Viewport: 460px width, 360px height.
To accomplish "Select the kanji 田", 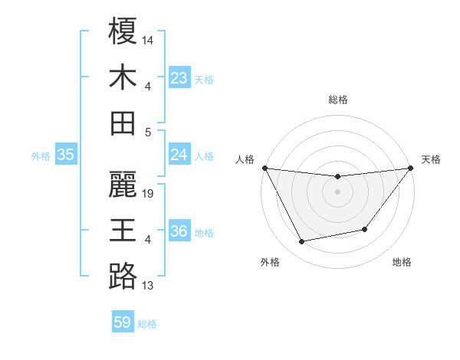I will (x=123, y=123).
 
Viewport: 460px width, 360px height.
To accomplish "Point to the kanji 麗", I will (x=123, y=185).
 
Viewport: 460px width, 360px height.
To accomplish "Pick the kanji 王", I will (x=123, y=231).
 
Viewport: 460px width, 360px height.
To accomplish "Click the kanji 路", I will (x=123, y=277).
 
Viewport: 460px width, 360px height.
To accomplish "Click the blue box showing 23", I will (x=179, y=77).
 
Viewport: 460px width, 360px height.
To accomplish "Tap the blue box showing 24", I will (x=179, y=155).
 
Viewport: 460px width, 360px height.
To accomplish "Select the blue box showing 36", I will (x=179, y=232).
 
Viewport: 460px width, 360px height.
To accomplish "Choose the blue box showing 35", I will (x=66, y=155).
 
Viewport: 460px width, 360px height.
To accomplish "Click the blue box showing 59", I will (x=123, y=322).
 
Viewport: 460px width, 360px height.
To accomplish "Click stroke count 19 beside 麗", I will (x=149, y=194).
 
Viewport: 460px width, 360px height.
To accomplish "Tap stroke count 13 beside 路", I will (x=148, y=286).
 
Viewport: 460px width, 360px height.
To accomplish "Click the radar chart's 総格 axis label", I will (x=337, y=100).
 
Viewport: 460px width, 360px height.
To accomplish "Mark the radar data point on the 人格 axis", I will (x=264, y=168).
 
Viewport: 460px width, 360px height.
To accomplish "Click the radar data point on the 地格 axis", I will (x=365, y=229).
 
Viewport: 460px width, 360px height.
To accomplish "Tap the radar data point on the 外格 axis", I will (x=302, y=242).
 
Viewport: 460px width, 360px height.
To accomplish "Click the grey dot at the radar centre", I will (x=337, y=191).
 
